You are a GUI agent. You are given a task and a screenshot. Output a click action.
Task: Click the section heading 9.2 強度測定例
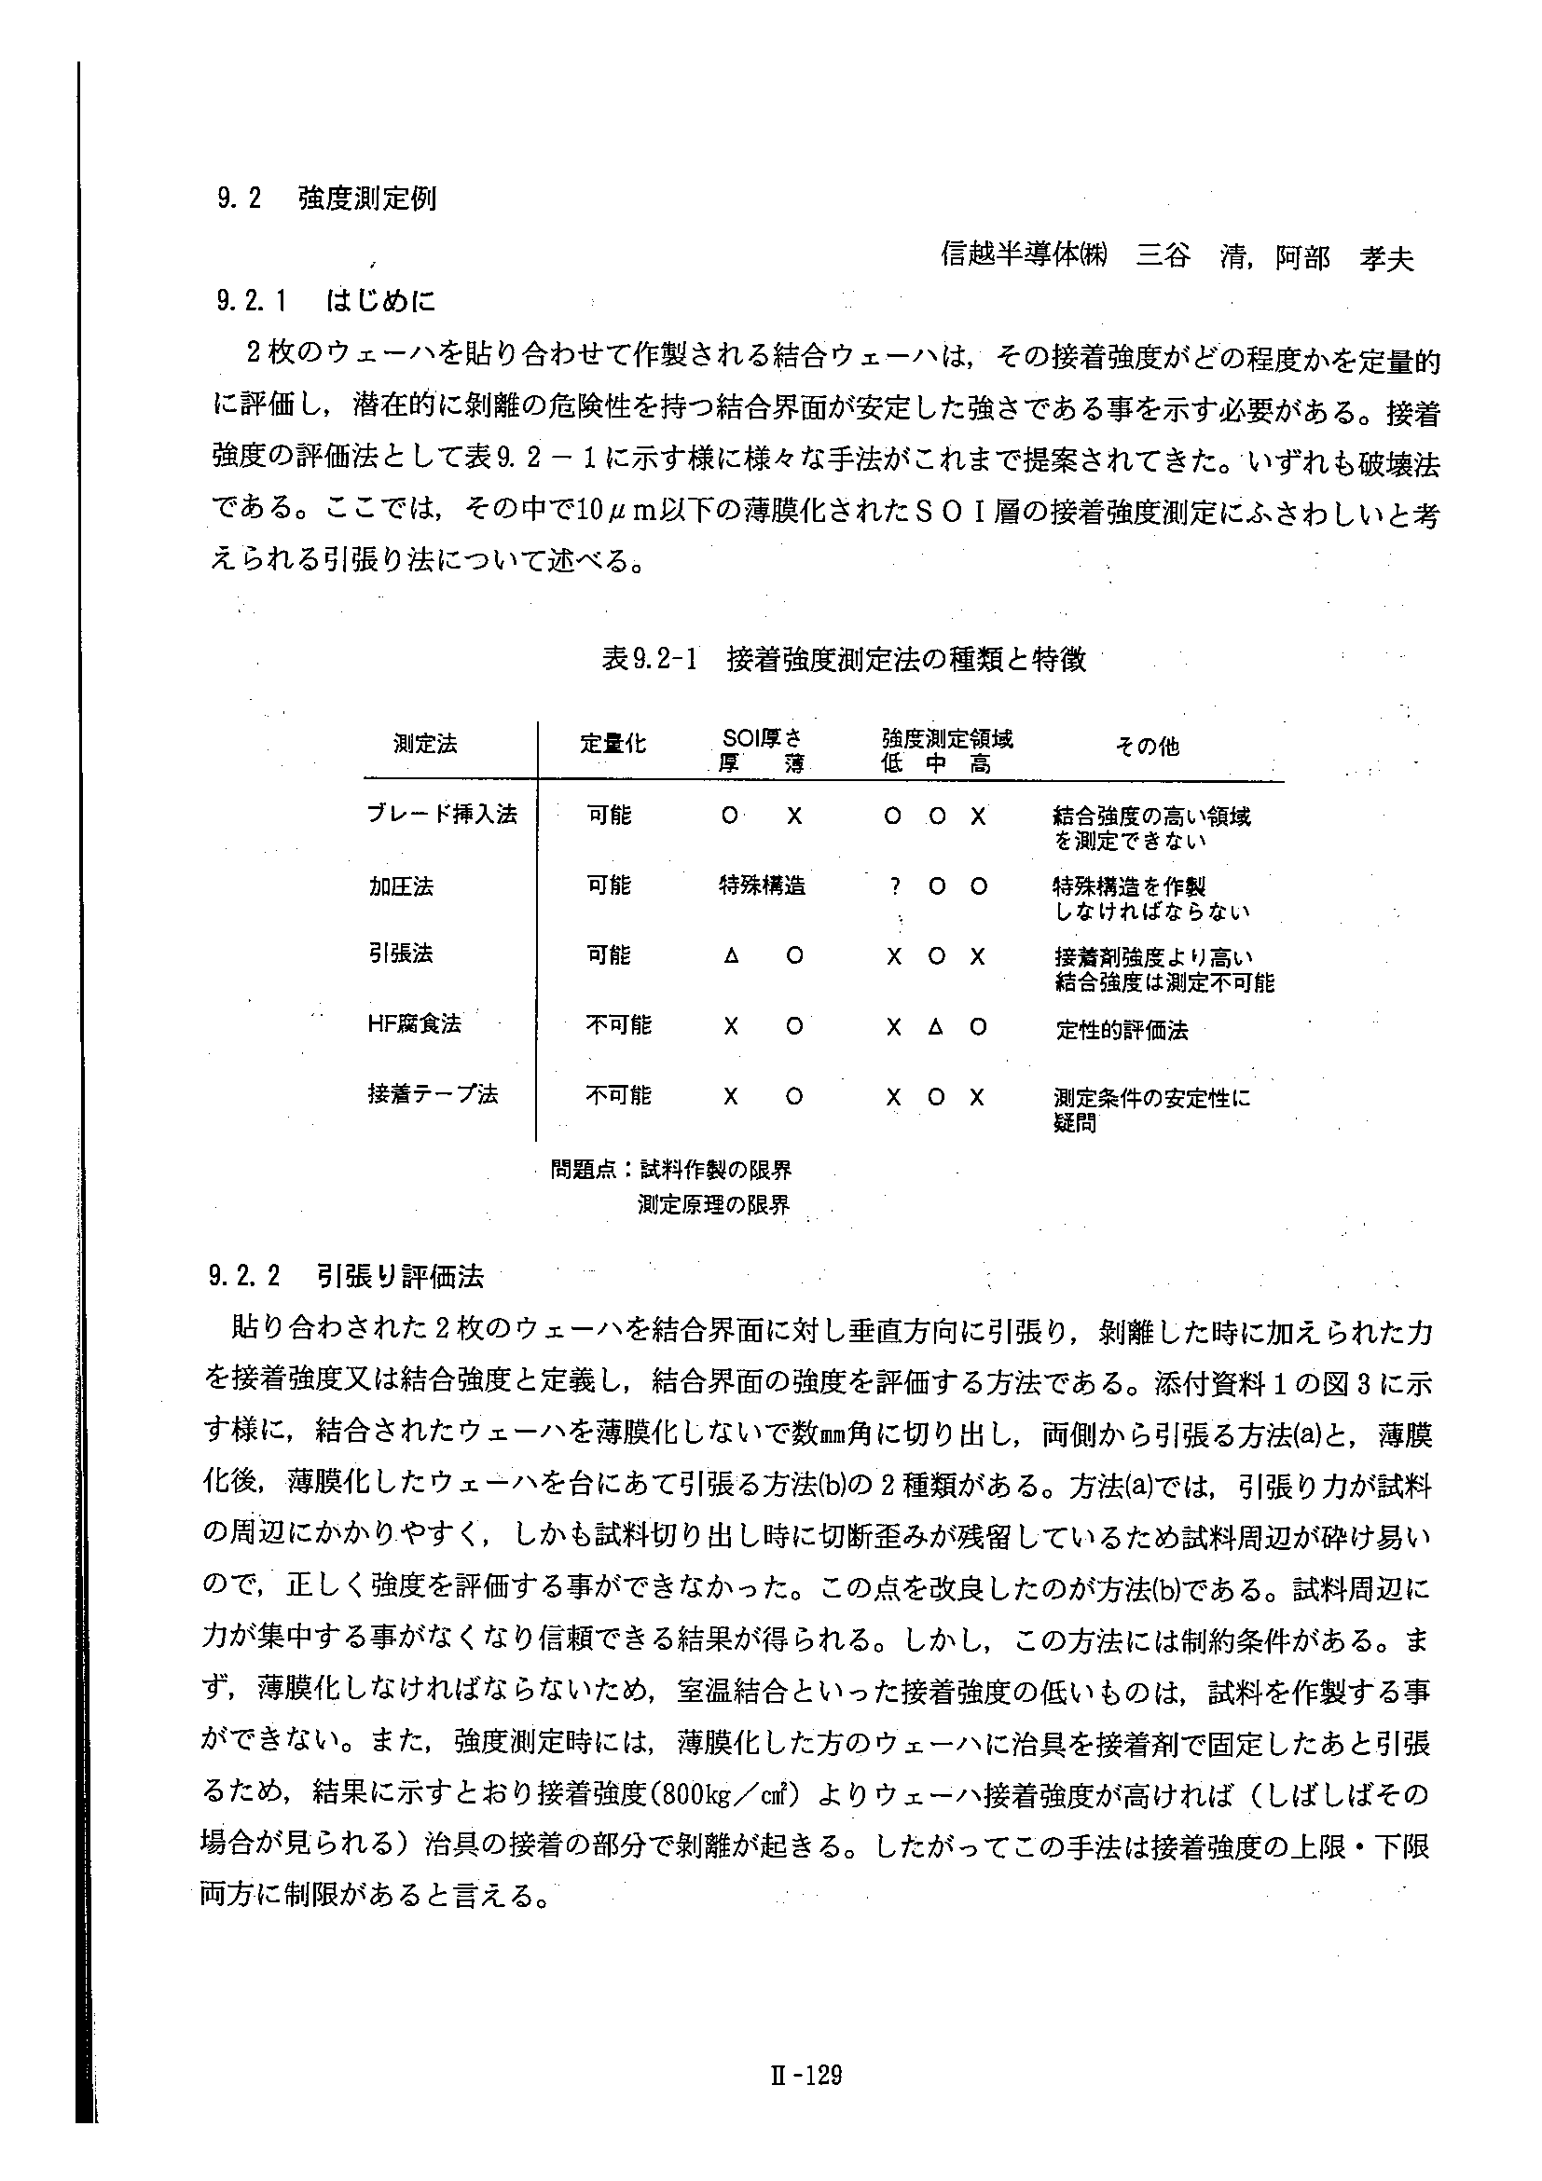[326, 199]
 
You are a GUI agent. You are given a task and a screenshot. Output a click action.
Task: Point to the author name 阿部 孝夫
[1343, 257]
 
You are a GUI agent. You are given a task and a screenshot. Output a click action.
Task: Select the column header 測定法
[426, 744]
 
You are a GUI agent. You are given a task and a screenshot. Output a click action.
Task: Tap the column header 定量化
[613, 744]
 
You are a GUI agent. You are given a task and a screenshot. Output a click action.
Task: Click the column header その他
[1147, 747]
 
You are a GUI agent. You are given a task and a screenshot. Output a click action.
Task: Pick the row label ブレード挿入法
[442, 814]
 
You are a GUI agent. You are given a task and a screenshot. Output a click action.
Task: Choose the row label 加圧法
[401, 886]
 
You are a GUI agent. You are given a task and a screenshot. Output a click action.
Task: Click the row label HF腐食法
[414, 1023]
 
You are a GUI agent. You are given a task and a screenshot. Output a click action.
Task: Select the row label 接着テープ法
[433, 1094]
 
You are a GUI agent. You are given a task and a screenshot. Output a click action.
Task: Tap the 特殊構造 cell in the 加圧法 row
[762, 886]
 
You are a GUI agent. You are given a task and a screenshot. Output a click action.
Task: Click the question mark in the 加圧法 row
[894, 887]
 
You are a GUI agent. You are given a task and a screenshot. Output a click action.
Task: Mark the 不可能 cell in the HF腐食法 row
[618, 1025]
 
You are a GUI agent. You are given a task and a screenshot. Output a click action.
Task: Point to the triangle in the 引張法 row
[731, 956]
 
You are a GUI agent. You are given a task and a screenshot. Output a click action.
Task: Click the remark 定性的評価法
[1122, 1030]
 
